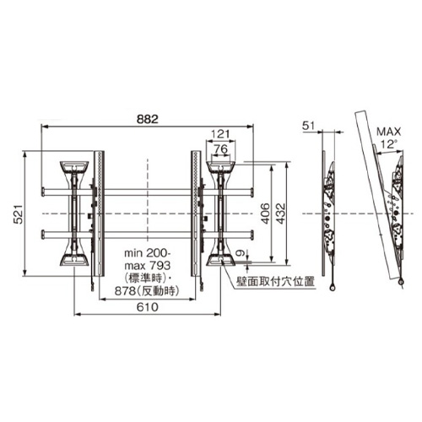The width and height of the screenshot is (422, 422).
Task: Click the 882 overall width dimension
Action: coord(148,119)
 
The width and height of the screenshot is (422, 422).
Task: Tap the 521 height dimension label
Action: coord(19,214)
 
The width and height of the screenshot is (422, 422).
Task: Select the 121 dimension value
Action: coord(220,134)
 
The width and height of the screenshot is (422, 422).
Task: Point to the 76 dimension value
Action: coord(221,149)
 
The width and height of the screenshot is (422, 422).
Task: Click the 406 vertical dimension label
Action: coord(265,214)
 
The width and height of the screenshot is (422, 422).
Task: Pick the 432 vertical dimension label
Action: coord(280,214)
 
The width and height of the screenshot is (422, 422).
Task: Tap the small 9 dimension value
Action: coord(240,253)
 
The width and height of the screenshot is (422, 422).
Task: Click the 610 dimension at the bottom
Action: coord(148,307)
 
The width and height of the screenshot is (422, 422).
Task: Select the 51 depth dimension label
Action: coord(308,126)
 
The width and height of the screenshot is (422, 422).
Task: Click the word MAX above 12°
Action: coord(389,132)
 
